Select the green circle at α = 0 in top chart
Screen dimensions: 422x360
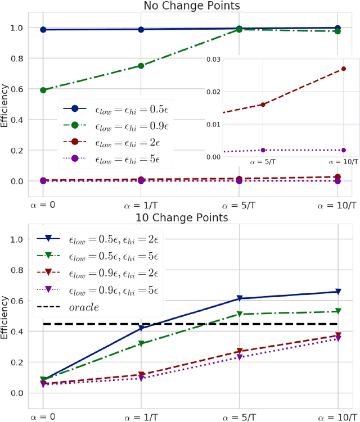[x=43, y=90]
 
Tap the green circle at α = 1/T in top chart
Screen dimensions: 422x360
[x=141, y=66]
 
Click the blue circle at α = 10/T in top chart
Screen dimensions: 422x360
[x=337, y=28]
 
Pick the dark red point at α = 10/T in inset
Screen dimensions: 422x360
[x=344, y=69]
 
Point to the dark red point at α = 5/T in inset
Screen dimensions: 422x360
[x=263, y=105]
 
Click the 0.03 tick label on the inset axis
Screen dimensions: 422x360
[x=213, y=59]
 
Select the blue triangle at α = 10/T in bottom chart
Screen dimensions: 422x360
[x=337, y=292]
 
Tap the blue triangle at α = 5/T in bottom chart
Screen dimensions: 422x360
[x=240, y=298]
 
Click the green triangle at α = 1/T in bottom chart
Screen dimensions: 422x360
[x=141, y=343]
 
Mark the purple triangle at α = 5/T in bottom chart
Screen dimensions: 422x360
[x=240, y=357]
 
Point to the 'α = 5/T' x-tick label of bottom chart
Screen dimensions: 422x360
[x=240, y=416]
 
